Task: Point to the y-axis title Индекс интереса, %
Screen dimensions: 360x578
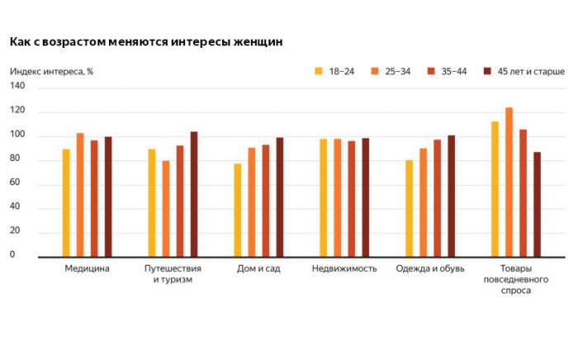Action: pyautogui.click(x=51, y=72)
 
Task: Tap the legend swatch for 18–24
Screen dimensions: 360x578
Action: pyautogui.click(x=319, y=72)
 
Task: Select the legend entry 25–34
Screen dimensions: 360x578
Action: pyautogui.click(x=387, y=72)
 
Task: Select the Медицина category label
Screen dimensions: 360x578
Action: pyautogui.click(x=87, y=269)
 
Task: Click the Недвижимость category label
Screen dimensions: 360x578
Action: pyautogui.click(x=344, y=269)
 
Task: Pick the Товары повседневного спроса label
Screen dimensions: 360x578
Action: pyautogui.click(x=517, y=280)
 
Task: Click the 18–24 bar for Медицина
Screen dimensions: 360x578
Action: pyautogui.click(x=66, y=203)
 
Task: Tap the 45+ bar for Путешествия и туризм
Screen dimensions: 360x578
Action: pyautogui.click(x=194, y=195)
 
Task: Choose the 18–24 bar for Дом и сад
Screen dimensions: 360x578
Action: pyautogui.click(x=238, y=211)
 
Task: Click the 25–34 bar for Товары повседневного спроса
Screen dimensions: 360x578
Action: pyautogui.click(x=509, y=182)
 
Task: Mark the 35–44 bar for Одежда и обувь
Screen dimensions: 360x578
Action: pyautogui.click(x=437, y=198)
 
